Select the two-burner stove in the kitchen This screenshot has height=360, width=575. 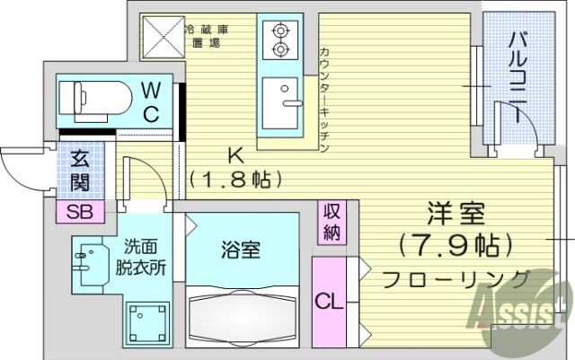click(278, 40)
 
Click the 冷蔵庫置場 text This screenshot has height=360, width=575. click(206, 36)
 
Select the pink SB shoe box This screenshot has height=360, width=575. click(80, 213)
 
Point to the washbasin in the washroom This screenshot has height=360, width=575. click(88, 260)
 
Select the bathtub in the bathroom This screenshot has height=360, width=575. click(243, 318)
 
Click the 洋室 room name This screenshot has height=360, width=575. click(456, 215)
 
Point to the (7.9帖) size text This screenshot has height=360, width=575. click(456, 243)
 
